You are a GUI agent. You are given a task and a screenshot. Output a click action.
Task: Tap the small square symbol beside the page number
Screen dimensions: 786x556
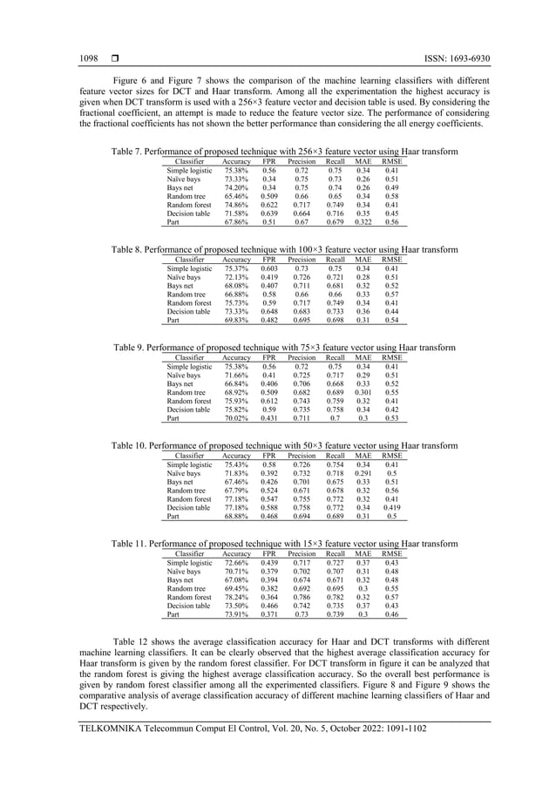(114, 58)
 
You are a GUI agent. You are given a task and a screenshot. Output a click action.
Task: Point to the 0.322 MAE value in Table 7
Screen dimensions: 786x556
(363, 221)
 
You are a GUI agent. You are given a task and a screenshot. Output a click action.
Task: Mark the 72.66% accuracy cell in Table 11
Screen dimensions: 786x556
(235, 562)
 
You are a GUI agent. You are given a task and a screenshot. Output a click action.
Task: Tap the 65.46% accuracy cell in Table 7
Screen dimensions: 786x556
(235, 196)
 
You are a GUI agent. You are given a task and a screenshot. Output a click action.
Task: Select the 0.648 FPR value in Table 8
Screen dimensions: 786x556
(270, 311)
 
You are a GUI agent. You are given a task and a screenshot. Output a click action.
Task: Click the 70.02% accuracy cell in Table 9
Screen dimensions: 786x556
(235, 417)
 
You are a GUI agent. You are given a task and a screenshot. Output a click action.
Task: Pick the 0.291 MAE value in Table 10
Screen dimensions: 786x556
(363, 473)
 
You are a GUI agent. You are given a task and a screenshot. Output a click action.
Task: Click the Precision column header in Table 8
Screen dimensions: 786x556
(302, 259)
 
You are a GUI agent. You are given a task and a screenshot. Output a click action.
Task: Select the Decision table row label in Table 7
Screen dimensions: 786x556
(188, 213)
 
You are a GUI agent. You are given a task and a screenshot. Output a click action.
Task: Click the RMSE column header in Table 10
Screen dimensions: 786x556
(392, 455)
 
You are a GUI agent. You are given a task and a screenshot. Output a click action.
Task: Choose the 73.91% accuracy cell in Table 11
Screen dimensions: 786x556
(235, 614)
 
